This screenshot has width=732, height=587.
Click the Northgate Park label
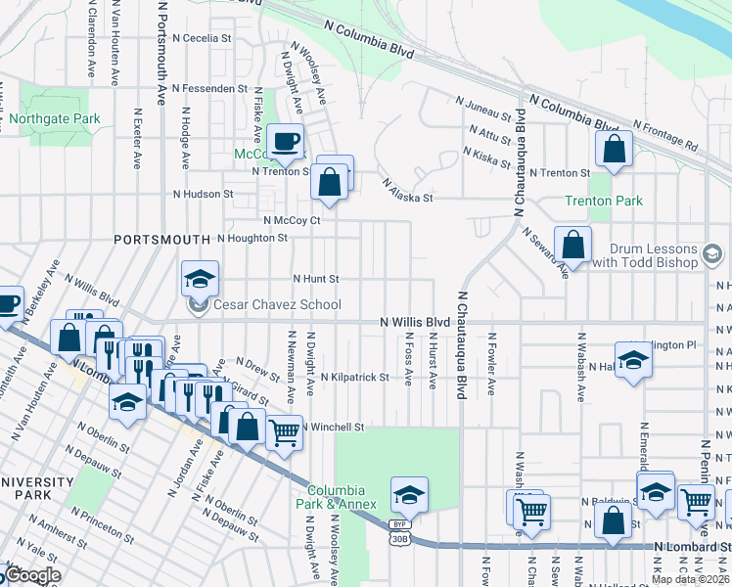(55, 118)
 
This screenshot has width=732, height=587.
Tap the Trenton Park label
(604, 201)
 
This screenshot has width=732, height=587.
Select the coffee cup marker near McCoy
(286, 142)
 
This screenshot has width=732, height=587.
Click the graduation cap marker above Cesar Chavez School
(200, 280)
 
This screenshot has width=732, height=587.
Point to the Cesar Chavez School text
(277, 304)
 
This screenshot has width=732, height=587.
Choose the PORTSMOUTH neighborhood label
(161, 239)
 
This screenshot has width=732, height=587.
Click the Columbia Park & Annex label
(336, 497)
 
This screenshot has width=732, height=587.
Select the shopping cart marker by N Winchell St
(284, 431)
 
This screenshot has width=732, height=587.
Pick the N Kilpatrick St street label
(353, 377)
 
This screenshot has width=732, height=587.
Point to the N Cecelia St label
(201, 38)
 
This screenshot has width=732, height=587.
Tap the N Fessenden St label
(209, 88)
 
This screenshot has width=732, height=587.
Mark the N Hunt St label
(316, 278)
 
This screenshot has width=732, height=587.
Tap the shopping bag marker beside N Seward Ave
(572, 245)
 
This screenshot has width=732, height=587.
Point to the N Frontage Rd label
(665, 136)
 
